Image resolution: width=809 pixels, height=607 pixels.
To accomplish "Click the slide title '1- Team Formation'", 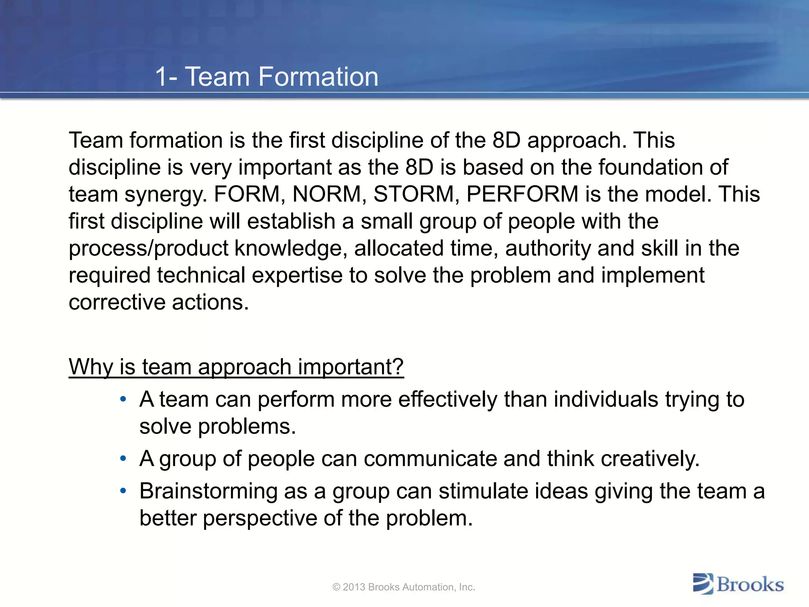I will pos(267,77).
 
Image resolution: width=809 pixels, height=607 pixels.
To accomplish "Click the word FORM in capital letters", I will pos(246,194).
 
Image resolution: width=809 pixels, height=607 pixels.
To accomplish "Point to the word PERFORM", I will pos(522,194).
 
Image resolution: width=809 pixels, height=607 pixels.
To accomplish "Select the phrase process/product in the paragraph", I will pos(149,249).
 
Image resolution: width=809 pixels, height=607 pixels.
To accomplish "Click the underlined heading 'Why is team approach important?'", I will pos(236,367).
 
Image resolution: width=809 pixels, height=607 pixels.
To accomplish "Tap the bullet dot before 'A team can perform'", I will pos(123,399).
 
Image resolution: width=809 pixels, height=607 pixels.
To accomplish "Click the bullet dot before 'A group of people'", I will pos(123,459).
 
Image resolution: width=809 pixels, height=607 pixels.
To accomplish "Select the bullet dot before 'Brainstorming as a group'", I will pos(123,491).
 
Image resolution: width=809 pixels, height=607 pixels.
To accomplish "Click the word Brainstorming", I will pos(208,492).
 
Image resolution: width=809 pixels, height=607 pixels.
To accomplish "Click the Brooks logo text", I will pos(750,584).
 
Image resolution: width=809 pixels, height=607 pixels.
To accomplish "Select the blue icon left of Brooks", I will pos(703,584).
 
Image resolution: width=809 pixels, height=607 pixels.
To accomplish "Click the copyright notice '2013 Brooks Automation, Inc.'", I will pos(404,587).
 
